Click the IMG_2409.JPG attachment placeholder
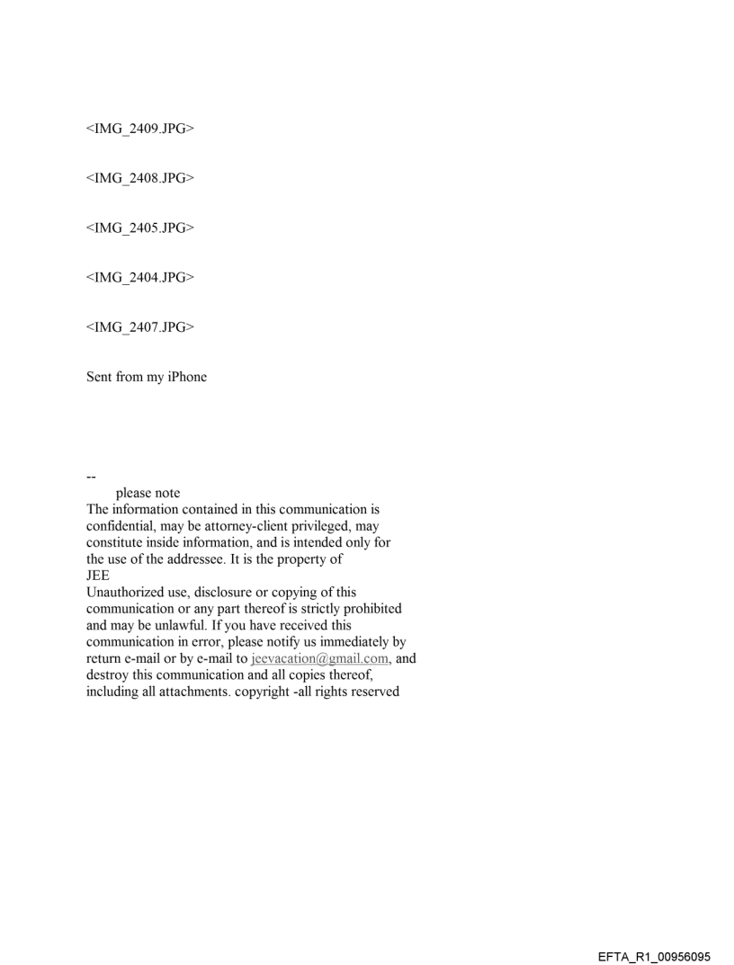[x=140, y=130]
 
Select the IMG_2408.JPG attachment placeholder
[x=140, y=178]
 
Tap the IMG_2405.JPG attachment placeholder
[x=140, y=228]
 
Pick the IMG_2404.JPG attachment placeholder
[x=140, y=277]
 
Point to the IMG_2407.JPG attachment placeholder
[x=140, y=326]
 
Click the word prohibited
[x=369, y=609]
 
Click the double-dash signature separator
[x=91, y=477]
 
